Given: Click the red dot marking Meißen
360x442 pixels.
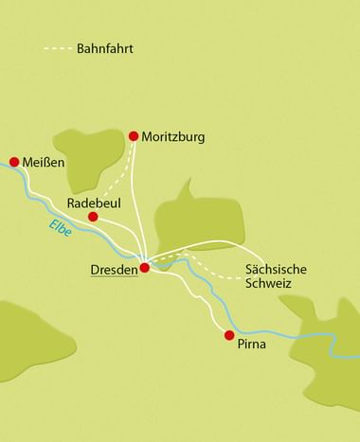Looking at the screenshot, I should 14,162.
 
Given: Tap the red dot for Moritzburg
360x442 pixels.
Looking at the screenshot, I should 134,136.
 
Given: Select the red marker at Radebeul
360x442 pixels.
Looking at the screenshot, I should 93,217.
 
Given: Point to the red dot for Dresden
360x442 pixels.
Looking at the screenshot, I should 145,268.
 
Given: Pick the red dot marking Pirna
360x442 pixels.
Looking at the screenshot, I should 228,334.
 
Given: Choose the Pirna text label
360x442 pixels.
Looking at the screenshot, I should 253,345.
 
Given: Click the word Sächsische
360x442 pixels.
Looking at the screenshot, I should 276,268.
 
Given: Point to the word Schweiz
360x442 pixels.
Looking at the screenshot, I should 268,283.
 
